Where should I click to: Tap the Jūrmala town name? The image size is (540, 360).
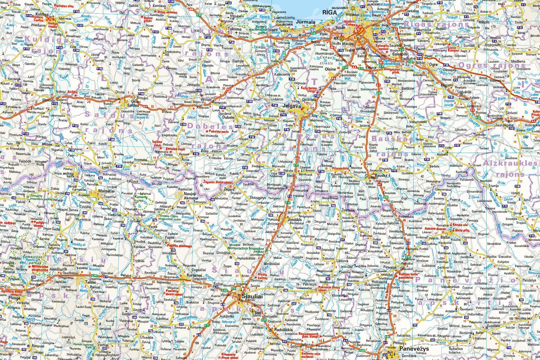(x=305, y=22)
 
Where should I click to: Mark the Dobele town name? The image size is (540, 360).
(x=228, y=117)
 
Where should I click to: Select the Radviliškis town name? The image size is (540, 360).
(x=283, y=329)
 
